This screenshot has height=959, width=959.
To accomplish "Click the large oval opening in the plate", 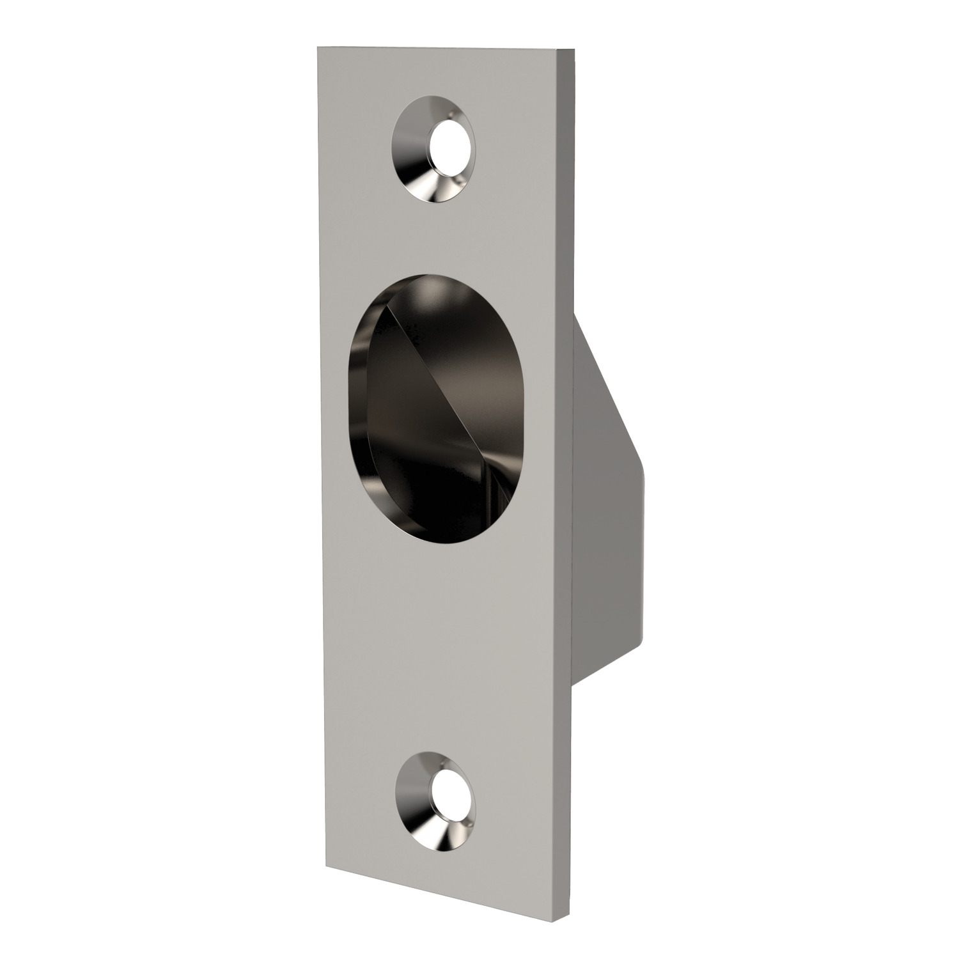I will tap(422, 409).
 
